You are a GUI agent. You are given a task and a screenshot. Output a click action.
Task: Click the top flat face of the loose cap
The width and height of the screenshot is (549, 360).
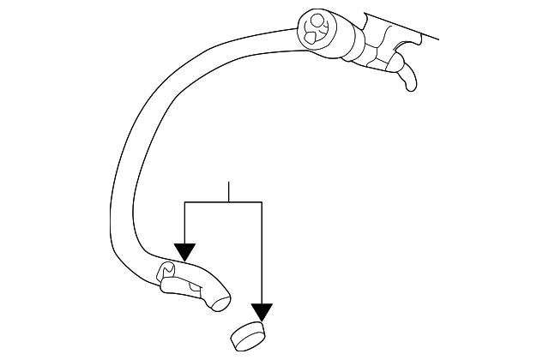(x=247, y=332)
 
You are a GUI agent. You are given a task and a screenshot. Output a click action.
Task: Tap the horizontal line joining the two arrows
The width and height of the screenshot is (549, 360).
(x=223, y=202)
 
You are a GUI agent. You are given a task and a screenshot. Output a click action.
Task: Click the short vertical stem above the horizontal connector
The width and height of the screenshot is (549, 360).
(x=229, y=192)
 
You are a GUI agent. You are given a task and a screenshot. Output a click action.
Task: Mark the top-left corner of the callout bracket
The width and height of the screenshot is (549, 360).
(x=185, y=202)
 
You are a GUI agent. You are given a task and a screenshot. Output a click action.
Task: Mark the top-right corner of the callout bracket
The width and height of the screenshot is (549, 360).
(x=261, y=202)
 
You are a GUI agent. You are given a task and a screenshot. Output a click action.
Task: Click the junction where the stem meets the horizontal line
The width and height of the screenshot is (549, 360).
(x=229, y=202)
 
